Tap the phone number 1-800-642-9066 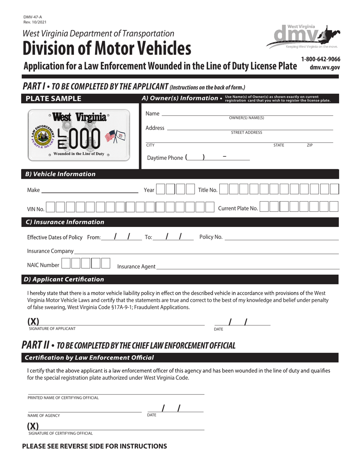(321, 59)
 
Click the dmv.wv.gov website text (325, 67)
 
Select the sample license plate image (79, 134)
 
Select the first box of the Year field (160, 189)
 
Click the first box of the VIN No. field (50, 207)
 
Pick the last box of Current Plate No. (334, 207)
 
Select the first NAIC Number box (66, 264)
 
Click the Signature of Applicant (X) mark (33, 322)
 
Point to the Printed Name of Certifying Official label (63, 398)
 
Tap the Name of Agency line (85, 410)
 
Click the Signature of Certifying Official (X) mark (33, 426)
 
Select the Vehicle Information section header (60, 174)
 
